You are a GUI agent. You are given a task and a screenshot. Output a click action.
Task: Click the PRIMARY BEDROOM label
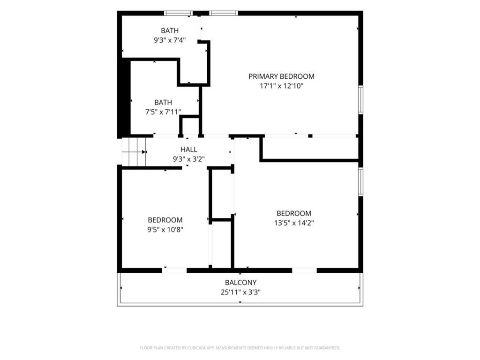point(281,76)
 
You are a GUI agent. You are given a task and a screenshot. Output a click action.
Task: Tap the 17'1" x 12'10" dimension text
point(281,86)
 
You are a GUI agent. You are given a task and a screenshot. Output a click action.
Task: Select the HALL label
point(188,150)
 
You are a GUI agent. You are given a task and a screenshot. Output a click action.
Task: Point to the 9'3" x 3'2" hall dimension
point(188,159)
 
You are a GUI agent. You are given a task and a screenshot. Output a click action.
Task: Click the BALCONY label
point(240,283)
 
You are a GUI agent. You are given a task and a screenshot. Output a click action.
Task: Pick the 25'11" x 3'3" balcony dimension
point(240,292)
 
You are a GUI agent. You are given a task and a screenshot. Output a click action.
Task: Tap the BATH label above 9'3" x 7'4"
point(170,30)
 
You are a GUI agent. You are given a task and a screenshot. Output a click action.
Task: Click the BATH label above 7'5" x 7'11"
point(163,102)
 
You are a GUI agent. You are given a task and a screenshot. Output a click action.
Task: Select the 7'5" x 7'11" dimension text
point(163,112)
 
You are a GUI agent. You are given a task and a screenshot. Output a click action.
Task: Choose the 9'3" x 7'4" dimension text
point(170,40)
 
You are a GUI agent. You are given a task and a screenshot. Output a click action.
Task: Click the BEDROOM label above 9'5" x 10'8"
point(165,220)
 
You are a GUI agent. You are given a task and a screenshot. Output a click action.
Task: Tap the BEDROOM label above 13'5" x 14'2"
point(294,213)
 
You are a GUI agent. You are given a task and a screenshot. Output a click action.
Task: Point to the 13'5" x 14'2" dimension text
point(294,223)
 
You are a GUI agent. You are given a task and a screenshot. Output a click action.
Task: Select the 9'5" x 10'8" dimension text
point(165,230)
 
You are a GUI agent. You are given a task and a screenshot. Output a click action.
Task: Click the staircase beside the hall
point(134,152)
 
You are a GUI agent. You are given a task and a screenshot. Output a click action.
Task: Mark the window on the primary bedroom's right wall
point(360,100)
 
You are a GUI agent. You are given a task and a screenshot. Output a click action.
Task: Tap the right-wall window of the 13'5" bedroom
point(360,181)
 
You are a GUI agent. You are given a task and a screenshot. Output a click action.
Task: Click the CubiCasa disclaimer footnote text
point(240,348)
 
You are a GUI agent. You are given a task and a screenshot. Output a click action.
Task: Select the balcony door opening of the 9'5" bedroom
point(174,270)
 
